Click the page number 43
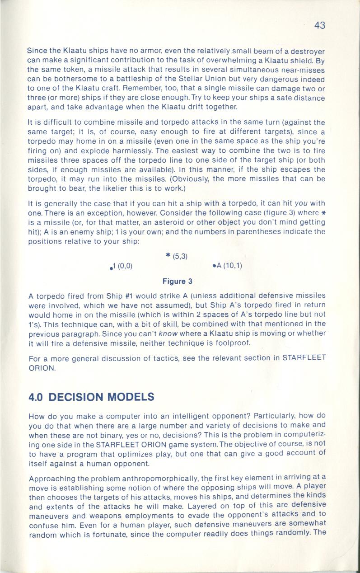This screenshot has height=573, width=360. (x=319, y=25)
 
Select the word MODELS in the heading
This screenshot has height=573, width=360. (x=132, y=397)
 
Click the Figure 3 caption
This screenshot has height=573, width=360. (x=178, y=281)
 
